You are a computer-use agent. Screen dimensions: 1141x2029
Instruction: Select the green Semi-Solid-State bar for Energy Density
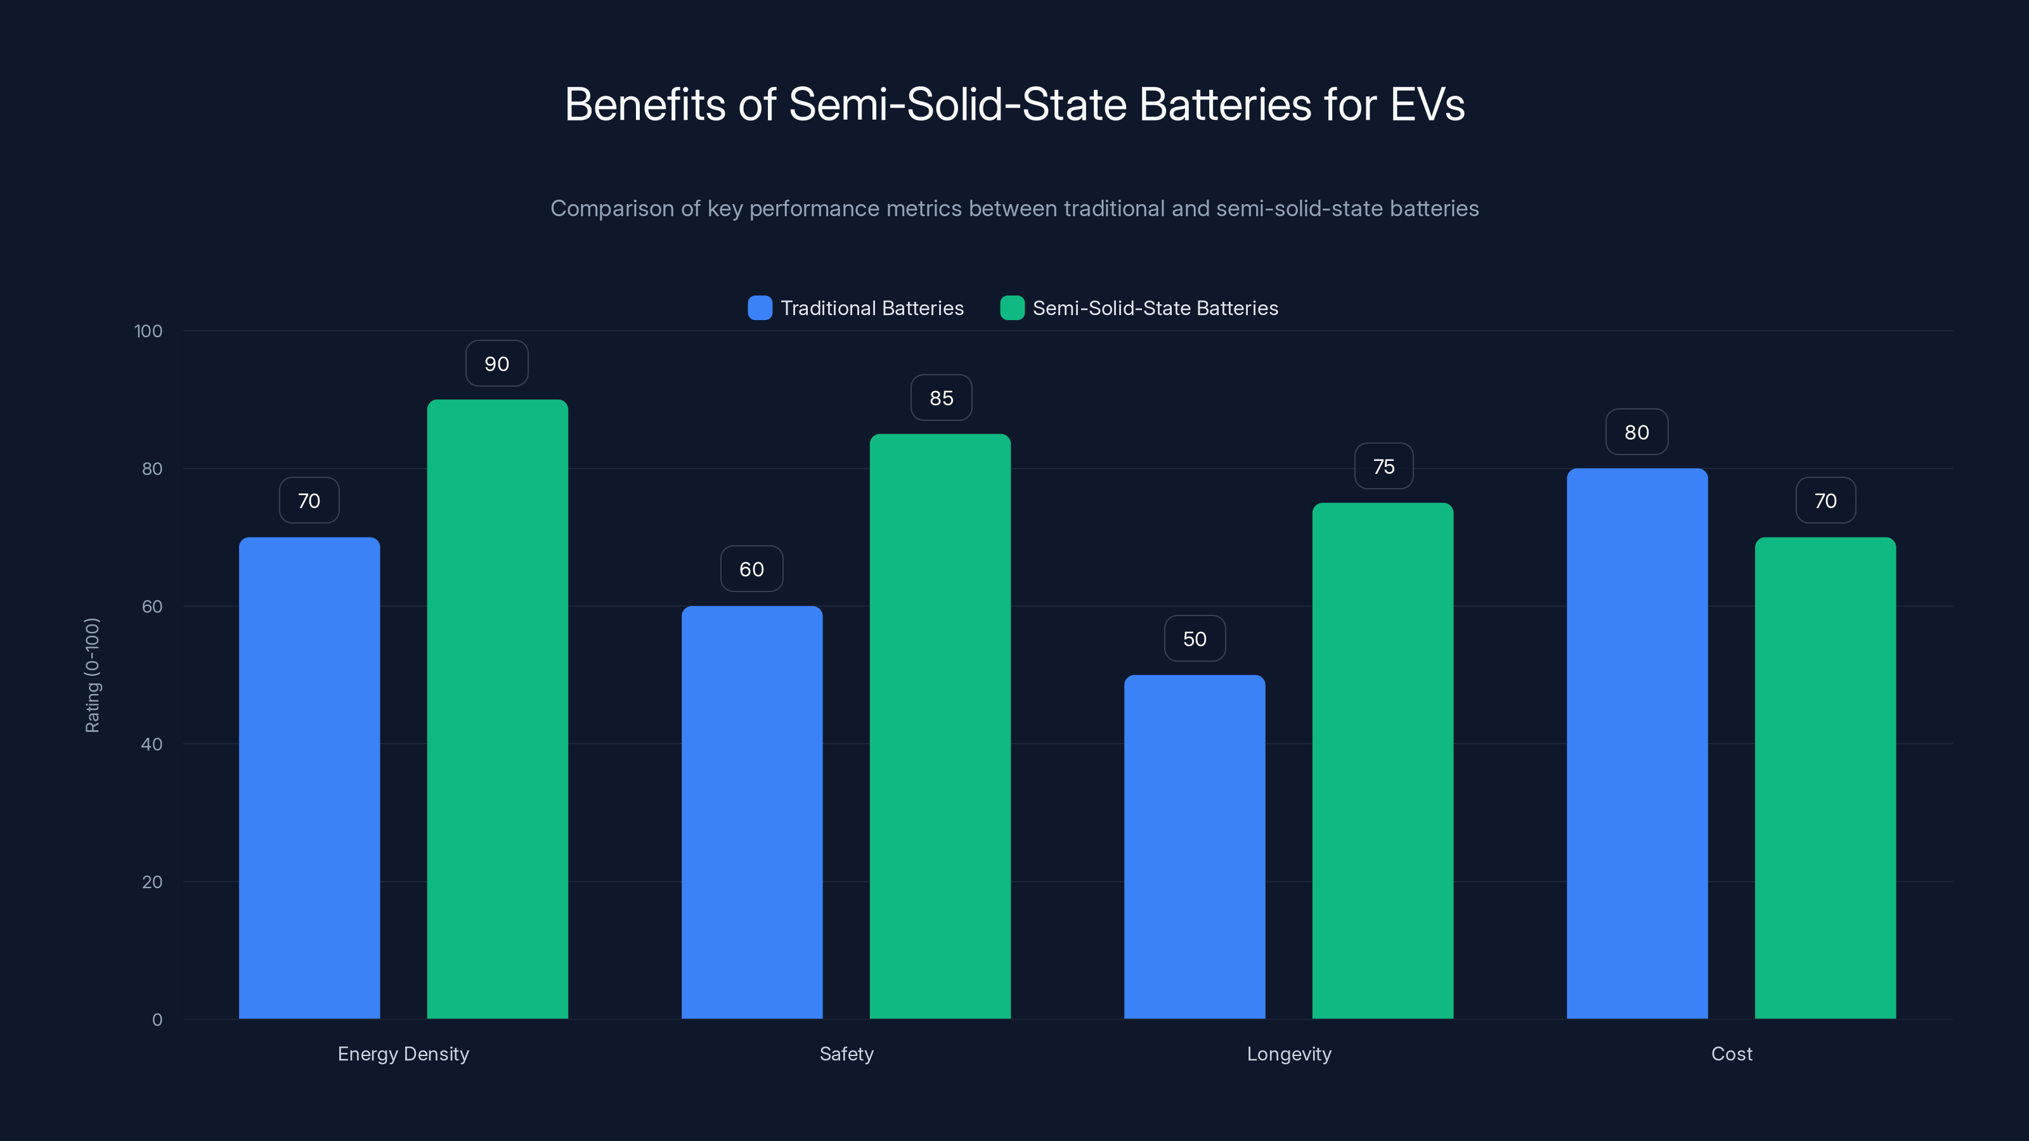point(497,709)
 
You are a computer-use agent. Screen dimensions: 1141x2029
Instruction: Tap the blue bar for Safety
point(751,812)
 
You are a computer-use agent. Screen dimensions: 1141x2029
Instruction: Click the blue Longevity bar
point(1194,846)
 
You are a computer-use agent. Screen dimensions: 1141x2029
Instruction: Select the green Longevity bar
point(1382,761)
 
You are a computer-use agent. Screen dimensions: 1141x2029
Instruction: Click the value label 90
point(497,364)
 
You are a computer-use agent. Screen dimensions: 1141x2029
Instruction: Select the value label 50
point(1195,638)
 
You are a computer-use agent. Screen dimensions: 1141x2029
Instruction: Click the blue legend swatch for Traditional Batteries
point(760,308)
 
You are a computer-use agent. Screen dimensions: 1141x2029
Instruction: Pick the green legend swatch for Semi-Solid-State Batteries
point(1012,308)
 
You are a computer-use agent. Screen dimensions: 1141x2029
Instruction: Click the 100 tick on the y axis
point(148,332)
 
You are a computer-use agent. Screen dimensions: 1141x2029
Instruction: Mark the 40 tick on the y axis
point(152,744)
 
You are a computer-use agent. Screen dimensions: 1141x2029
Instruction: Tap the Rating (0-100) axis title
point(92,675)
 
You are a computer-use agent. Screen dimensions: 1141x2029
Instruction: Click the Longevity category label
point(1288,1054)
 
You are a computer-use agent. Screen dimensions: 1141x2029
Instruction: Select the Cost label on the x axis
point(1731,1054)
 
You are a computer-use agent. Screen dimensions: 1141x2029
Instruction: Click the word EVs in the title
point(1427,105)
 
